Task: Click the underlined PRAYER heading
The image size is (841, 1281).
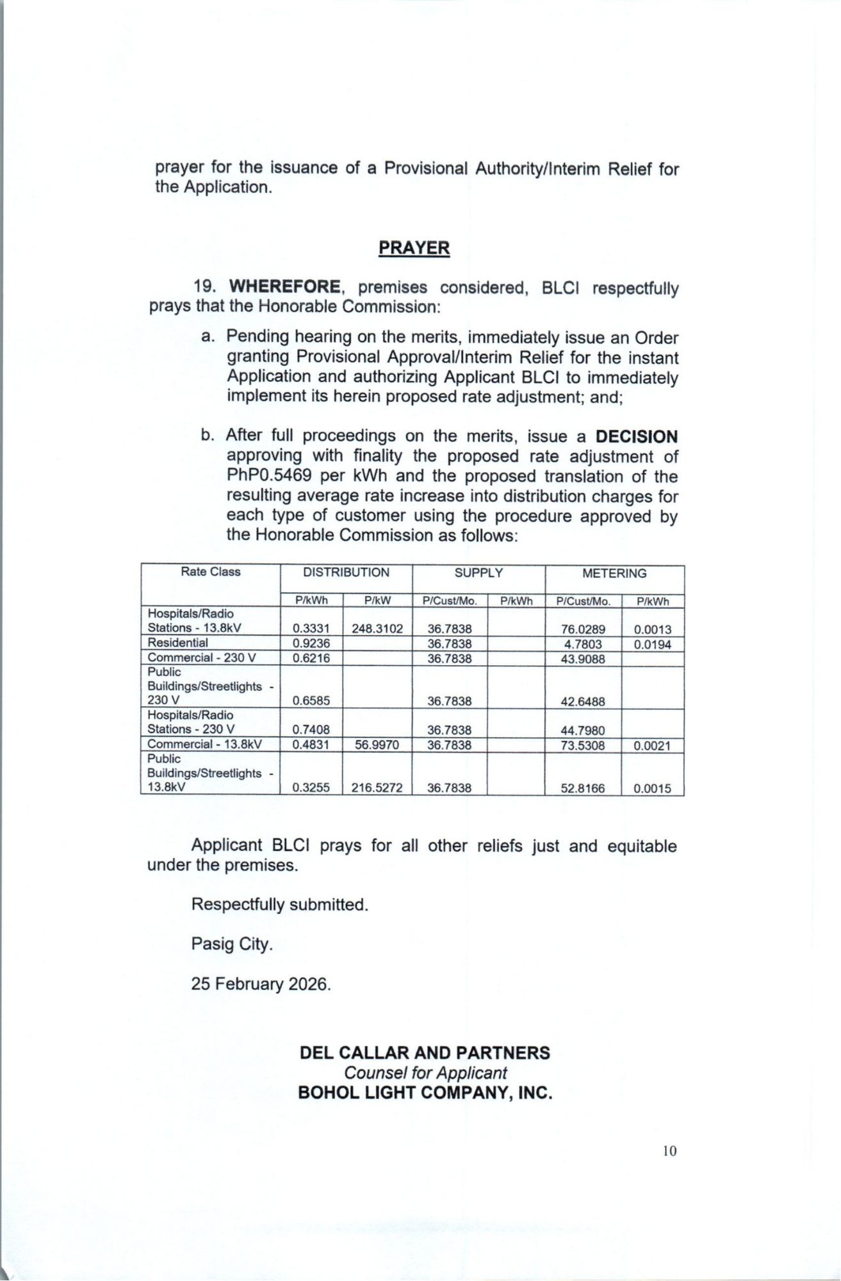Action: pos(414,248)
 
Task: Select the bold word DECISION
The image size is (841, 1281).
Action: pos(636,436)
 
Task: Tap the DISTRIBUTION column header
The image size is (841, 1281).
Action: pos(346,573)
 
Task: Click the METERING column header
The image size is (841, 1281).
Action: pos(614,574)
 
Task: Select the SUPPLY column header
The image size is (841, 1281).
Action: pos(478,573)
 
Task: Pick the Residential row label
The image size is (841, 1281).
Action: pos(178,643)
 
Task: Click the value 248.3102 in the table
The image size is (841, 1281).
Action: pos(377,629)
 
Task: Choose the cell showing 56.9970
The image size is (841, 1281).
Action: pos(377,745)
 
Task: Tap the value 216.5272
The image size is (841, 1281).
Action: pos(377,788)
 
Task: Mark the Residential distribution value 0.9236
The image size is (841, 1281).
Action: pos(311,643)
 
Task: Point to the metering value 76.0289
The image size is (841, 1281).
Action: pos(583,629)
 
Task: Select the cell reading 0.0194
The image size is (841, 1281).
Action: pos(652,645)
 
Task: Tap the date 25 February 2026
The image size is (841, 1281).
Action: pos(261,984)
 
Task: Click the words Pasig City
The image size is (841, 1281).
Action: pos(232,944)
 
